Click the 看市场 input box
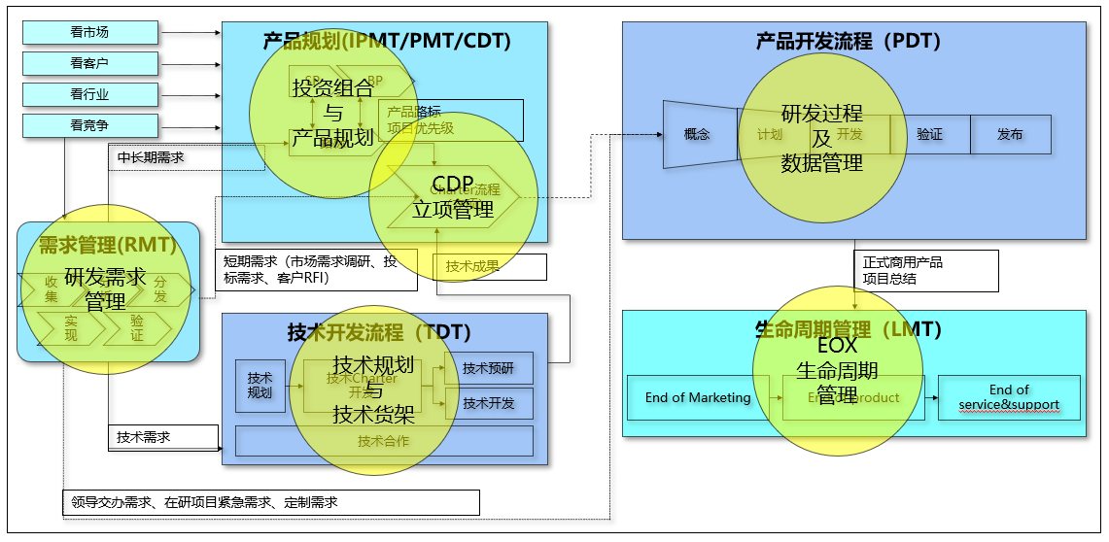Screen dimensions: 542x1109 (x=89, y=32)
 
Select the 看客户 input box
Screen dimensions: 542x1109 (x=89, y=63)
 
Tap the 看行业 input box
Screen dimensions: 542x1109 (x=89, y=94)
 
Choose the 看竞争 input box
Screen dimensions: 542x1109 (x=89, y=125)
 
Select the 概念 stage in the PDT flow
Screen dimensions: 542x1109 (x=697, y=134)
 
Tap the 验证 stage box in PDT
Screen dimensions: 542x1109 (x=929, y=134)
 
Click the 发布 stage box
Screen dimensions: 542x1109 (x=1010, y=134)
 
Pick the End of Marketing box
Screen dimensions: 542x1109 (x=698, y=397)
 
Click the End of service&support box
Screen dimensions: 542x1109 (x=1009, y=397)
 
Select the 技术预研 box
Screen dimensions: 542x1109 (x=489, y=368)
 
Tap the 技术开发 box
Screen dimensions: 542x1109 (x=489, y=403)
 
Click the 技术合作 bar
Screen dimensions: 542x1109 (x=384, y=441)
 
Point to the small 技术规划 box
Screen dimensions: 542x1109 (x=260, y=386)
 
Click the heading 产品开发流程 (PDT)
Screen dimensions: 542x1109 (x=848, y=41)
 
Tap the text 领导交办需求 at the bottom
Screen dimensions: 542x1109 (x=106, y=502)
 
